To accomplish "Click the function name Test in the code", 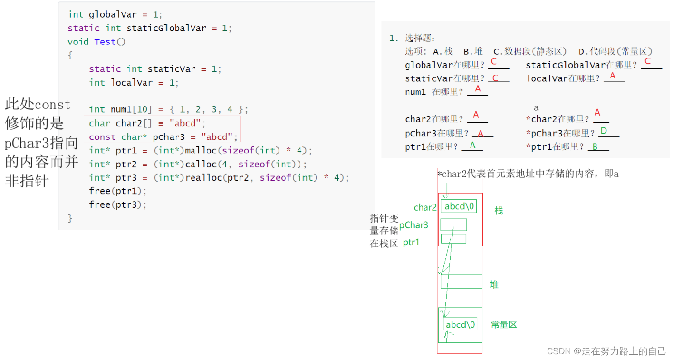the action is pyautogui.click(x=105, y=41).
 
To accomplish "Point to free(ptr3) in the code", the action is pyautogui.click(x=117, y=204).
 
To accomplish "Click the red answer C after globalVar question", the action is pyautogui.click(x=494, y=62).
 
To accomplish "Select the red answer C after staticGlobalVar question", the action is pyautogui.click(x=647, y=61).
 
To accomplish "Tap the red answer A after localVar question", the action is pyautogui.click(x=613, y=76).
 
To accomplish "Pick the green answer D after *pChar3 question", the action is pyautogui.click(x=604, y=131).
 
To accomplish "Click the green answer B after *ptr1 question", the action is pyautogui.click(x=595, y=146).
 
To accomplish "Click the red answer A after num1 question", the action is pyautogui.click(x=478, y=88).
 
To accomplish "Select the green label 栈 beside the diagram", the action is pyautogui.click(x=499, y=211).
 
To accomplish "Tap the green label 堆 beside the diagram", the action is pyautogui.click(x=494, y=284).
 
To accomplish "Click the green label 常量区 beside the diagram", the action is pyautogui.click(x=504, y=324).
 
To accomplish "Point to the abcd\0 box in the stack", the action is pyautogui.click(x=459, y=206).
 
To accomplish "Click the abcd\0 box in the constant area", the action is pyautogui.click(x=460, y=324).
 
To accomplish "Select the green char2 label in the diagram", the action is pyautogui.click(x=425, y=207).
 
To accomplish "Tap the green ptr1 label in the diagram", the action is pyautogui.click(x=411, y=242).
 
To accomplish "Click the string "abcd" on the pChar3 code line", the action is pyautogui.click(x=217, y=137).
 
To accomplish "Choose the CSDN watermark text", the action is pyautogui.click(x=606, y=351).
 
